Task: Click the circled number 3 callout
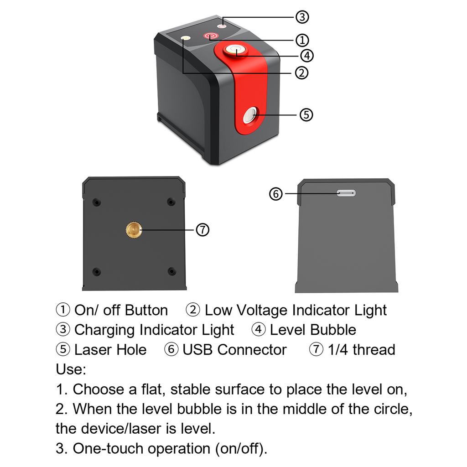pyautogui.click(x=302, y=17)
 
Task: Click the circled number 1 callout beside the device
pyautogui.click(x=302, y=40)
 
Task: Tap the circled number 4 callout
pyautogui.click(x=306, y=56)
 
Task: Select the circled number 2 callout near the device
pyautogui.click(x=301, y=73)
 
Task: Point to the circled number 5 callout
pyautogui.click(x=306, y=114)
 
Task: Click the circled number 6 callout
pyautogui.click(x=276, y=194)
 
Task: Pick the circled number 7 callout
pyautogui.click(x=202, y=230)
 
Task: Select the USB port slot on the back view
pyautogui.click(x=346, y=193)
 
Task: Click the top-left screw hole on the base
pyautogui.click(x=96, y=202)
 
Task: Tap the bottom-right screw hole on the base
pyautogui.click(x=171, y=271)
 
